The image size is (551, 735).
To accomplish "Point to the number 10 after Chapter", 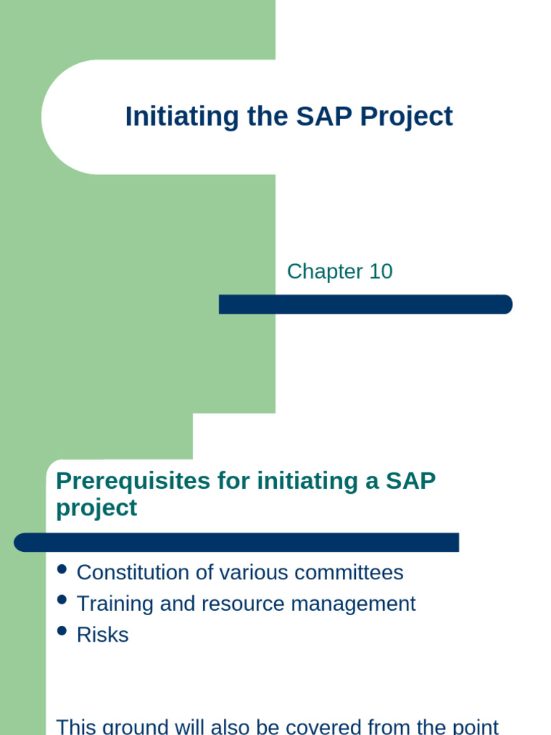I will (381, 271).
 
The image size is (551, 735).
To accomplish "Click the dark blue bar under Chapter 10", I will (365, 304).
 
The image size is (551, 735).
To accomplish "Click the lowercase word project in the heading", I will (96, 508).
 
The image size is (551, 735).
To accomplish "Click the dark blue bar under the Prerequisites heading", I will (237, 543).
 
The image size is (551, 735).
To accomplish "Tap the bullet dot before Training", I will (62, 600).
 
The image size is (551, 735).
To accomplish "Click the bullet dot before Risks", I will (62, 631).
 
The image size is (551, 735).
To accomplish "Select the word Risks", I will (103, 635).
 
